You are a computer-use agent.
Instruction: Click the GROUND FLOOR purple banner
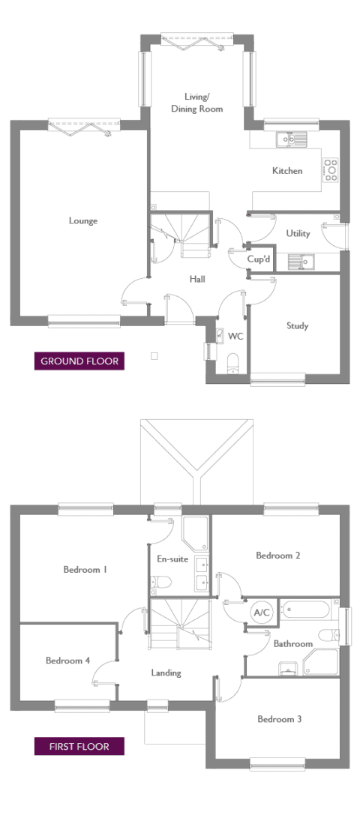click(79, 361)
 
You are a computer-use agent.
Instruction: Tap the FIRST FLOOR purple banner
click(79, 746)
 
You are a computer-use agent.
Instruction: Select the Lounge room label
click(83, 220)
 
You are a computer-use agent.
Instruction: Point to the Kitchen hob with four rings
click(331, 170)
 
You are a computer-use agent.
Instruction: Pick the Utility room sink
click(301, 261)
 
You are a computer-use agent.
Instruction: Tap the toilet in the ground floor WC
click(232, 364)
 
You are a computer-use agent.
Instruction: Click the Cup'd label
click(259, 259)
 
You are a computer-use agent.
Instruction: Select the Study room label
click(298, 326)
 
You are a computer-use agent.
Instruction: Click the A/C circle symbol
click(261, 613)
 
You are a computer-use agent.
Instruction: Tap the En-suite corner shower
click(195, 533)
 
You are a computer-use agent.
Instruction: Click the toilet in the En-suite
click(160, 583)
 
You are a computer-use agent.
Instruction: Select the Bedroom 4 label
click(67, 661)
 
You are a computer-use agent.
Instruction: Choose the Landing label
click(166, 673)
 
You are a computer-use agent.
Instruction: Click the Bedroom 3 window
click(277, 763)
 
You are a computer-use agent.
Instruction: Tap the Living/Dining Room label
click(196, 103)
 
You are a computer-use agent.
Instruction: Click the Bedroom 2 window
click(291, 508)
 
